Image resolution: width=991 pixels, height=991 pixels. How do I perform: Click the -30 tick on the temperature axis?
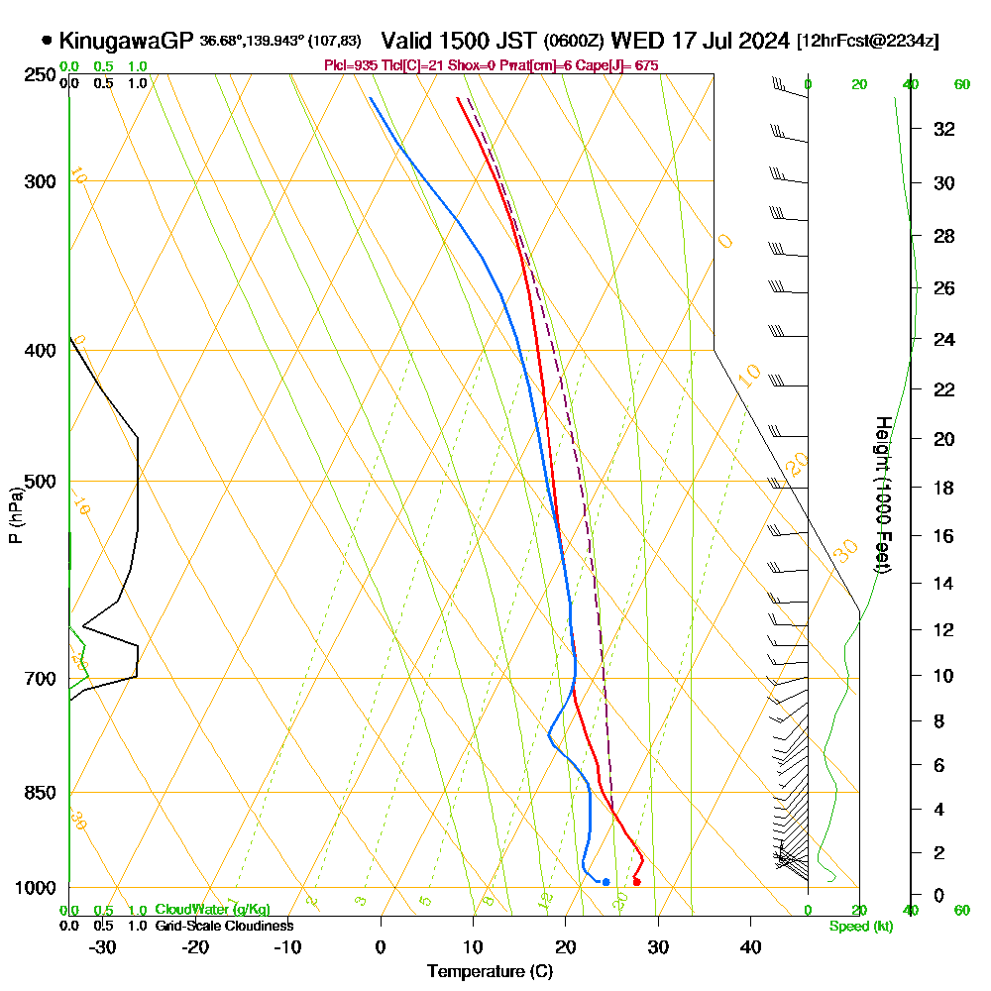point(102,947)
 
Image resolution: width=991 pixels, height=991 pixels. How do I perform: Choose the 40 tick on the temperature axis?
point(750,947)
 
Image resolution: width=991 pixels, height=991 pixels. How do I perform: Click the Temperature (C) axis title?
point(490,972)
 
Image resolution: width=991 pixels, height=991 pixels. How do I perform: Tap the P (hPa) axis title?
point(15,515)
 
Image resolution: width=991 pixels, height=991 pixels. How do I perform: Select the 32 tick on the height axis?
point(945,129)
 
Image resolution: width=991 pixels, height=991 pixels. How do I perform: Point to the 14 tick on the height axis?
point(945,584)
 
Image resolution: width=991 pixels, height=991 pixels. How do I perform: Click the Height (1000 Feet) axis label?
point(882,495)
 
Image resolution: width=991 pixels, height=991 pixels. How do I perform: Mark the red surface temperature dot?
point(636,881)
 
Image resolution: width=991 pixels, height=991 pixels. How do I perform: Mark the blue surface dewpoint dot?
point(606,881)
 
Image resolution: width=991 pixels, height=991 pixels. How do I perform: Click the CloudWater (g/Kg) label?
point(212,910)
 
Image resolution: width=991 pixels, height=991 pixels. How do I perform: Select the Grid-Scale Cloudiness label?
point(224,926)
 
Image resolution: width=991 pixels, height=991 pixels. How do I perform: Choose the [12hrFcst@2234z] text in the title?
point(868,42)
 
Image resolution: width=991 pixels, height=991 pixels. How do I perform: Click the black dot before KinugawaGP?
point(47,41)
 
